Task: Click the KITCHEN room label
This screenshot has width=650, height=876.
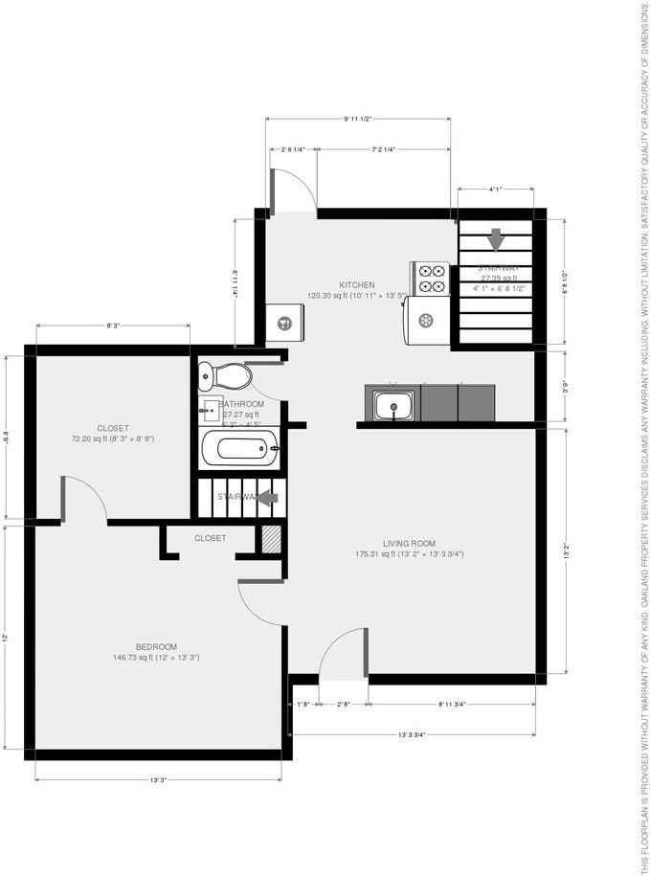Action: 356,284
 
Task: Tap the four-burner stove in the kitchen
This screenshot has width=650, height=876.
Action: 429,278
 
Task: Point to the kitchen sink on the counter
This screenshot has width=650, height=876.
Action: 392,405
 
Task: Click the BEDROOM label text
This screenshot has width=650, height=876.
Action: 156,646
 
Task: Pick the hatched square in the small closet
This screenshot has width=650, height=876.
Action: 271,539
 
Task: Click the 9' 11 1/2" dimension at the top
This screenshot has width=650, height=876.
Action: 357,119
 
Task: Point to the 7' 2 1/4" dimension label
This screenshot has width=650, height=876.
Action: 384,149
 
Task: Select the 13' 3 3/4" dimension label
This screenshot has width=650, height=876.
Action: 412,734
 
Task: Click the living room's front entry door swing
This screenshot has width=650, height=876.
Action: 343,656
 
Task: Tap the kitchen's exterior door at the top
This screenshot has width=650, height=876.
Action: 292,191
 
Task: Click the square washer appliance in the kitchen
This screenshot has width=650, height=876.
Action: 284,323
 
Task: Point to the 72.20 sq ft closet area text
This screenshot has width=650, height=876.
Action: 112,438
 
